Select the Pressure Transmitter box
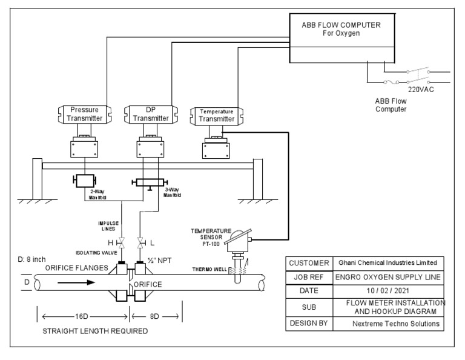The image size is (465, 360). pos(84,115)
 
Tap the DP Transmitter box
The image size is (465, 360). pos(150,115)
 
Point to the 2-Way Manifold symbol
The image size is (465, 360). pos(85,181)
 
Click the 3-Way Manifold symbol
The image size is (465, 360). pos(150,182)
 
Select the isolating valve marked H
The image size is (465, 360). pos(122,243)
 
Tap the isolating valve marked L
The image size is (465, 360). pos(140,243)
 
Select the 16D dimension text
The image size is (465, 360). pos(84,316)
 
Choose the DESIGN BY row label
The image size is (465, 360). pos(308,324)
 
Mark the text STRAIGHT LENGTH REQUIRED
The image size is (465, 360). pos(94,332)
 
